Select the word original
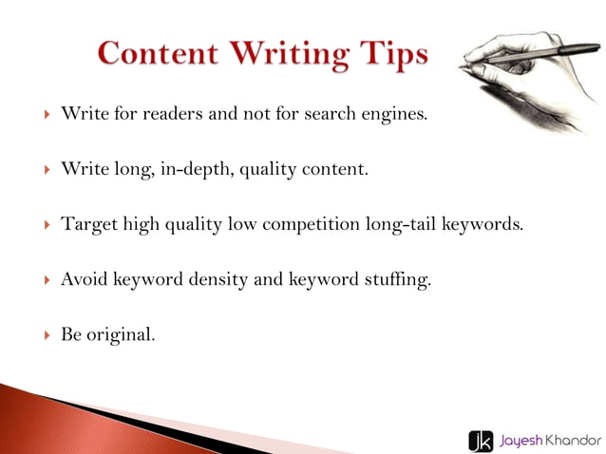[121, 335]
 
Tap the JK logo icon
[480, 440]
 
